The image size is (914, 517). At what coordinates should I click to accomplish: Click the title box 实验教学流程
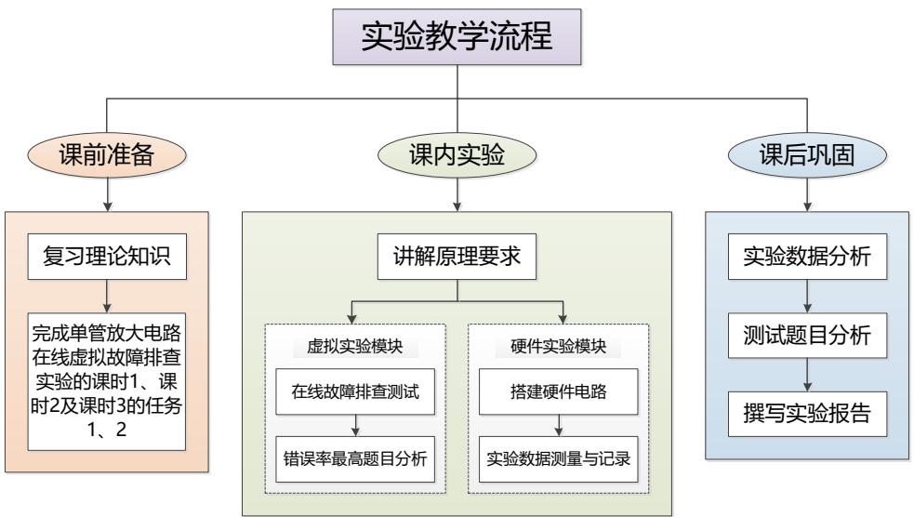(457, 37)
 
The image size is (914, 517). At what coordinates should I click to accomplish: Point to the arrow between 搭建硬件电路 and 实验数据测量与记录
(558, 425)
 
